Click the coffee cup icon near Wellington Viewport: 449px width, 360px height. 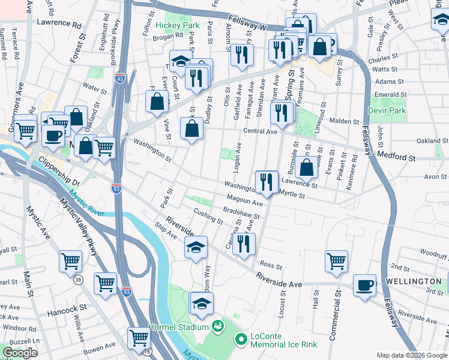click(x=365, y=285)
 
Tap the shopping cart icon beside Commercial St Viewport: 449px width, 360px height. click(x=336, y=260)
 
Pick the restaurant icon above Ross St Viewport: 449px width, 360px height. click(x=244, y=244)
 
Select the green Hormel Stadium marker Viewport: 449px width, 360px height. click(x=218, y=327)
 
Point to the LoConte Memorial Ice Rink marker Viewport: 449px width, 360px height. click(x=241, y=340)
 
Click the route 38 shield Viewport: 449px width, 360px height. click(x=77, y=280)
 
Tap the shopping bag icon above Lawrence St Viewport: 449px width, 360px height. click(x=306, y=168)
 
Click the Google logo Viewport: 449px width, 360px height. click(x=20, y=353)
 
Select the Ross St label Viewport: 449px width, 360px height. click(x=271, y=265)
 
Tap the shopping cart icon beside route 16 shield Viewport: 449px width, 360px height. click(x=138, y=338)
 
